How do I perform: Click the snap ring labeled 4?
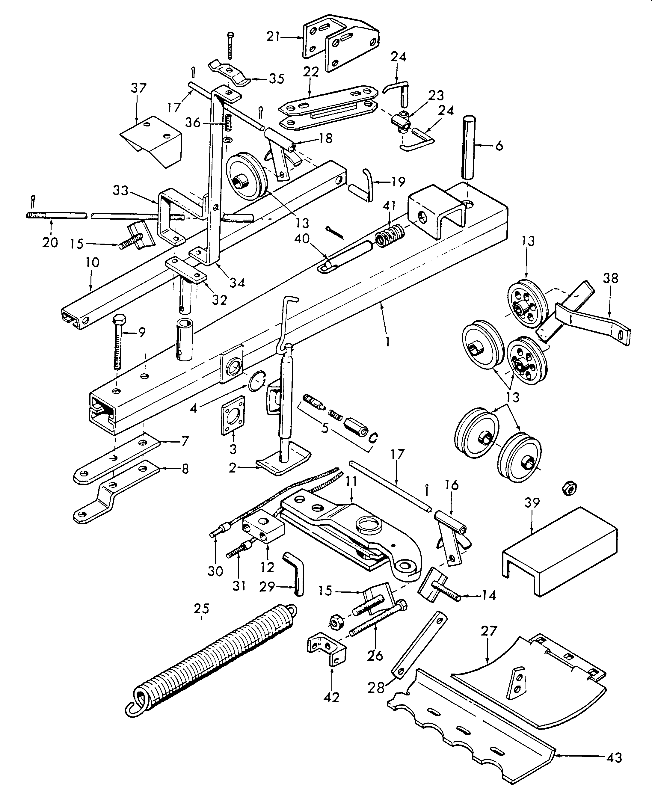point(257,382)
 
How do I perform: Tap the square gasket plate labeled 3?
point(233,415)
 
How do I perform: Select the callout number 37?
point(138,89)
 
